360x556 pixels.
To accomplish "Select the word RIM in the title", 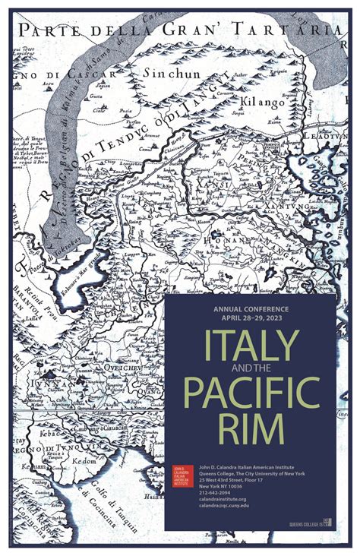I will point(250,428).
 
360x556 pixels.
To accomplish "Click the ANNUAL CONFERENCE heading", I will point(251,310).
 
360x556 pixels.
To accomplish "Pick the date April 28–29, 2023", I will point(251,320).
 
